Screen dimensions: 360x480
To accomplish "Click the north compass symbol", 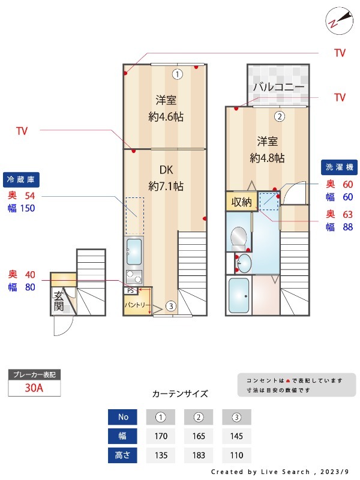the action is click(335, 20).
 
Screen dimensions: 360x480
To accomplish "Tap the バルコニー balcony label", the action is click(278, 87).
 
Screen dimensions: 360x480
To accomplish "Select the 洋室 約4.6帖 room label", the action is click(166, 108).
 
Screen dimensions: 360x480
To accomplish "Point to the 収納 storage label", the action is click(242, 202).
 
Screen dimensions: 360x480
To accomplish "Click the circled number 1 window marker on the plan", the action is click(177, 74).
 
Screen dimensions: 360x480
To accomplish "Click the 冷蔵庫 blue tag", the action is click(22, 179).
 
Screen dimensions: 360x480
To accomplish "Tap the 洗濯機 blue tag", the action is click(340, 167).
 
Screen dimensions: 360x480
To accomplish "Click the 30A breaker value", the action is click(34, 388).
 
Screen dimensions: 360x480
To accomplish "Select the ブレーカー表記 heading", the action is click(34, 374).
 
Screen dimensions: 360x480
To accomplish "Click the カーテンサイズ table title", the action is click(180, 394).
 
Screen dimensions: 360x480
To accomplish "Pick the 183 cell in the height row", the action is click(199, 455).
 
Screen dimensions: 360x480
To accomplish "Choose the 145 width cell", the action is click(236, 436).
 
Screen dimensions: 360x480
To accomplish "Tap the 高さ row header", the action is click(122, 455).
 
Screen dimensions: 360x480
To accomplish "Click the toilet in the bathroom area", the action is click(239, 238).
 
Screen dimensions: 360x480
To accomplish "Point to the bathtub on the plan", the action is click(239, 295).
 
